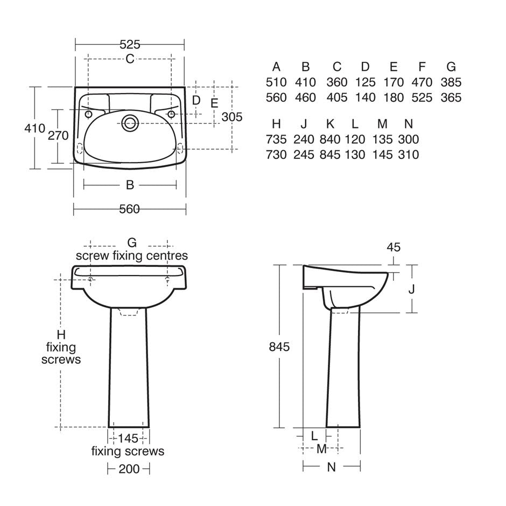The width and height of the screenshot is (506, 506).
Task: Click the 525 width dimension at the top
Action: tap(130, 45)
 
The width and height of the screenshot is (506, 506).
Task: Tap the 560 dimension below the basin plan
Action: tap(129, 209)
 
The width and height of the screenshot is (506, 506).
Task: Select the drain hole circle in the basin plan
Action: tap(130, 123)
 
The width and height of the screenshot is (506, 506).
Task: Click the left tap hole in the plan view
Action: tap(88, 114)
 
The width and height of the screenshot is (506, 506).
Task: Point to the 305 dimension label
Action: tap(231, 117)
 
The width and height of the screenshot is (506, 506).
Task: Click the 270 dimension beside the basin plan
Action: tap(58, 136)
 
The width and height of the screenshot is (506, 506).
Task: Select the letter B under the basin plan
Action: tap(130, 185)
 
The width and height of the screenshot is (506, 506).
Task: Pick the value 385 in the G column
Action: tap(451, 82)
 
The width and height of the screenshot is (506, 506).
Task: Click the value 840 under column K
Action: tap(330, 139)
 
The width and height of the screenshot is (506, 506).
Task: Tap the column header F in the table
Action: tap(422, 67)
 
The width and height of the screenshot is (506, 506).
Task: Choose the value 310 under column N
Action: tap(409, 154)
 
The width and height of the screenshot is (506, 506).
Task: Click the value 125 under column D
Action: tap(366, 82)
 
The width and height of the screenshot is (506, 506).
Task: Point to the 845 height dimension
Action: tap(279, 347)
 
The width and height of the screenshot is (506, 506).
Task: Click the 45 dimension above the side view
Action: tap(393, 247)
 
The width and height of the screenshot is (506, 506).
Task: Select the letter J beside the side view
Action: tap(411, 290)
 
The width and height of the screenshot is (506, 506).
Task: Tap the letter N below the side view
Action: tap(332, 467)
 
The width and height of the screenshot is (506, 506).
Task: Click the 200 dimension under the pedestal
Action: tap(129, 469)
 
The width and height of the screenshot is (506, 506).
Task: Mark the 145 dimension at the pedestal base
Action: tap(128, 439)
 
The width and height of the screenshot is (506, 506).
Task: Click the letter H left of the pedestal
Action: tap(61, 335)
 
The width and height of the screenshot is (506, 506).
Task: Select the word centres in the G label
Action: tap(167, 256)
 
